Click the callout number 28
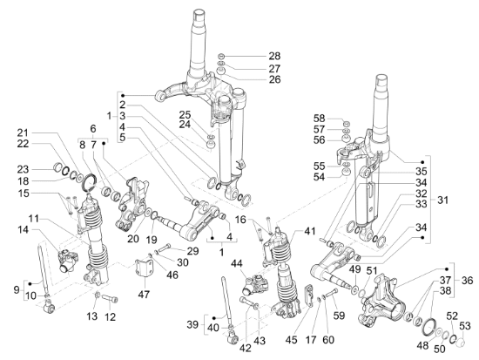pyautogui.click(x=274, y=56)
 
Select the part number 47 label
pyautogui.click(x=144, y=295)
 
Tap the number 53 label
pyautogui.click(x=465, y=326)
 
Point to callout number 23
pyautogui.click(x=23, y=169)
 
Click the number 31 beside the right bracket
pyautogui.click(x=442, y=200)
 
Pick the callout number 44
pyautogui.click(x=237, y=263)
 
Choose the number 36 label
pyautogui.click(x=467, y=280)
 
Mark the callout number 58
pyautogui.click(x=320, y=119)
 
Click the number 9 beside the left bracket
pyautogui.click(x=17, y=289)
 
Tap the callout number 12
pyautogui.click(x=110, y=316)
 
